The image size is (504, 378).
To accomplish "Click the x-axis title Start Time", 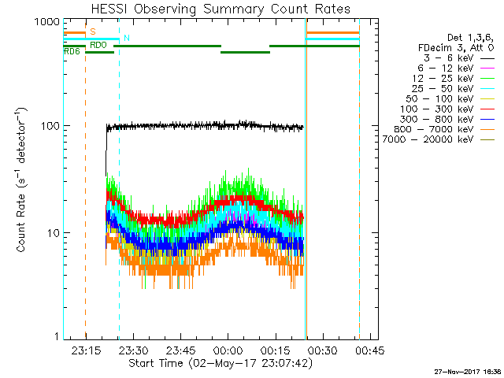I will [x=213, y=364].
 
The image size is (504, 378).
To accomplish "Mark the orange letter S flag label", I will [x=93, y=31].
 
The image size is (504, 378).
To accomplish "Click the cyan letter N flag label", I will [x=126, y=39].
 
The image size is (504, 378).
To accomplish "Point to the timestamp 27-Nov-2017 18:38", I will [x=466, y=370].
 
